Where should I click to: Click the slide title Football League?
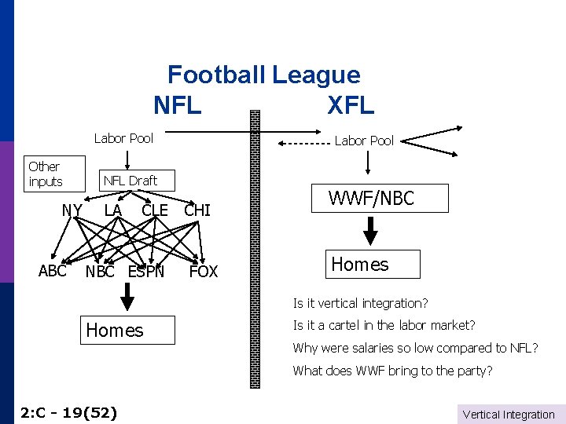[263, 75]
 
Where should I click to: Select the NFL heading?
[178, 104]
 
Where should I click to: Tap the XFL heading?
[351, 104]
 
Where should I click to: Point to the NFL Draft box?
[130, 181]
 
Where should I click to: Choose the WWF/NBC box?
[371, 199]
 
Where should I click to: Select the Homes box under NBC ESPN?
[115, 330]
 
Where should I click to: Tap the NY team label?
[72, 210]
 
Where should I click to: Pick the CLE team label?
[155, 210]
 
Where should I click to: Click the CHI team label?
[197, 210]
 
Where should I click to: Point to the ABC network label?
[53, 271]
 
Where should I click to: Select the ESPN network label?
[146, 272]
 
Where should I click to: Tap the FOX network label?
[204, 272]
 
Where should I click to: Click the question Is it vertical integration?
[360, 303]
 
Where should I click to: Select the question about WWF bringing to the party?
[392, 371]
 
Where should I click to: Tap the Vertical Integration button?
[509, 414]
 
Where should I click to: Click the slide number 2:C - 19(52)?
[68, 411]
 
